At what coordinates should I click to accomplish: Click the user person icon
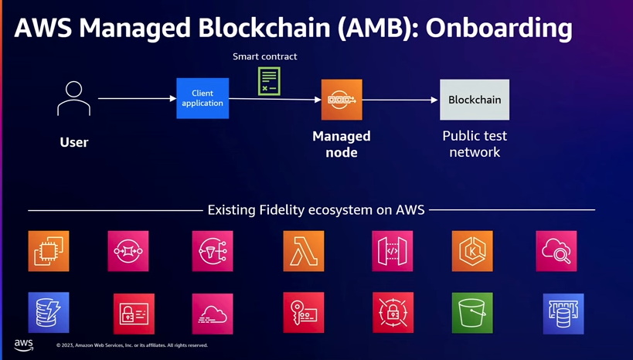[73, 98]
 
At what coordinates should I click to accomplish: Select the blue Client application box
[202, 98]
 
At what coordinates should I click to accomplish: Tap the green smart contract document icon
[269, 81]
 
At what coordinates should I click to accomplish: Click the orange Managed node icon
[342, 100]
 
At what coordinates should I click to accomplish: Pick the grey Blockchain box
[475, 100]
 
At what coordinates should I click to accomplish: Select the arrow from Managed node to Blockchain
[400, 100]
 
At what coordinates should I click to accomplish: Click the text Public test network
[475, 144]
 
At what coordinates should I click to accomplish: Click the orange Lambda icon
[304, 251]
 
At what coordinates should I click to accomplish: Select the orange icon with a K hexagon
[472, 251]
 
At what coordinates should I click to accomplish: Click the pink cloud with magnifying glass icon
[556, 251]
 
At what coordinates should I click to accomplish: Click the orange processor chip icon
[49, 251]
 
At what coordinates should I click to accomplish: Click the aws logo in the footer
[24, 345]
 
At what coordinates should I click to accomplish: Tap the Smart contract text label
[265, 56]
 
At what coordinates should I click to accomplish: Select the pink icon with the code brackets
[393, 251]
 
